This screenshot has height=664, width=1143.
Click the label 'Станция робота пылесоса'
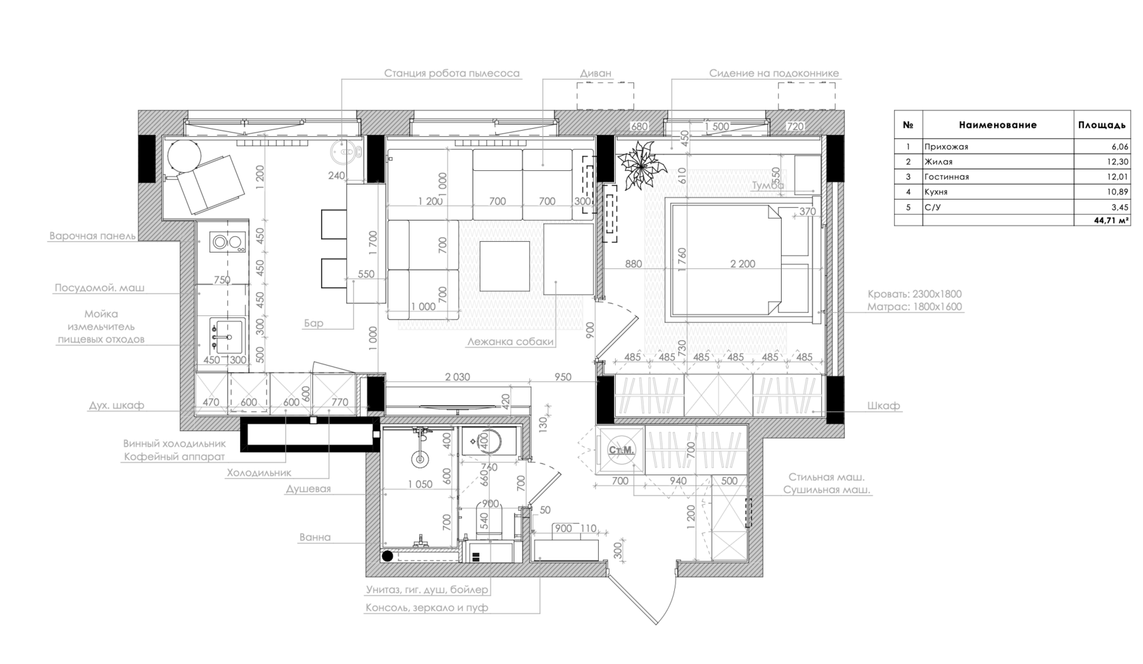tap(452, 74)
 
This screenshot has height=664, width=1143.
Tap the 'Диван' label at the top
tap(595, 74)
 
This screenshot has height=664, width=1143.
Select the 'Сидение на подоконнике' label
tap(774, 74)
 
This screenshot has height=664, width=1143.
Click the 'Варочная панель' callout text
tap(92, 236)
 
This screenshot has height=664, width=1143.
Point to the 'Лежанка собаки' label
tap(510, 342)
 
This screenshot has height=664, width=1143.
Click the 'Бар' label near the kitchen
tap(314, 323)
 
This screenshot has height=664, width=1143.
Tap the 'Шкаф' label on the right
tap(884, 406)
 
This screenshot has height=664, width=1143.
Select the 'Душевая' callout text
tap(308, 489)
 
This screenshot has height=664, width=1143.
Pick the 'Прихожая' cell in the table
tap(946, 147)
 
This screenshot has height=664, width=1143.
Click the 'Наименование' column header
tap(997, 125)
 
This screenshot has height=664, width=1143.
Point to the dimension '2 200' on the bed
tap(742, 264)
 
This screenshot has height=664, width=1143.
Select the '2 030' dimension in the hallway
tap(457, 377)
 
